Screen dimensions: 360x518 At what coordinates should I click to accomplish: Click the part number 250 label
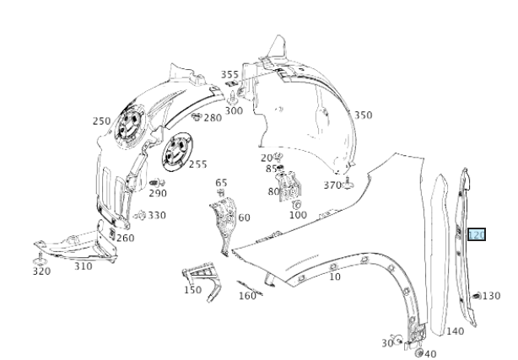tap(101, 121)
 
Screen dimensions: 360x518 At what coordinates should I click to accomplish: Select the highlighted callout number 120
tap(476, 235)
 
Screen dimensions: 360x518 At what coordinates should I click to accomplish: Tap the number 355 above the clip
tap(229, 75)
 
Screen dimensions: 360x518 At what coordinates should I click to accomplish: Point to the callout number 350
tap(363, 115)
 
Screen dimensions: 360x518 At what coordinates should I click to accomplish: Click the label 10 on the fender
tap(335, 277)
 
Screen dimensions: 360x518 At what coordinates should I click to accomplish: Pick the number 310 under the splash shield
tap(83, 266)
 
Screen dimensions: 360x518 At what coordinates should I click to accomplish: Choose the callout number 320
tap(41, 271)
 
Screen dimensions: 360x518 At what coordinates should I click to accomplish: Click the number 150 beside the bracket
tap(192, 290)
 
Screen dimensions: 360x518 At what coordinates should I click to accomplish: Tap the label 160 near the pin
tap(247, 296)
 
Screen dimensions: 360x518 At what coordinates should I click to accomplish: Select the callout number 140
tap(455, 331)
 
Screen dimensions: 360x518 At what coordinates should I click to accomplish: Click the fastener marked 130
tap(478, 296)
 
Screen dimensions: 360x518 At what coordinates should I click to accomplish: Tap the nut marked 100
tap(296, 204)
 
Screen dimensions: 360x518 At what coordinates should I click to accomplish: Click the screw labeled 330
tap(141, 216)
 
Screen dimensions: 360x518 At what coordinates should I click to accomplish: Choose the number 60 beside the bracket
tap(244, 218)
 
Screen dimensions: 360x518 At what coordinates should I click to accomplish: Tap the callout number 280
tap(212, 118)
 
